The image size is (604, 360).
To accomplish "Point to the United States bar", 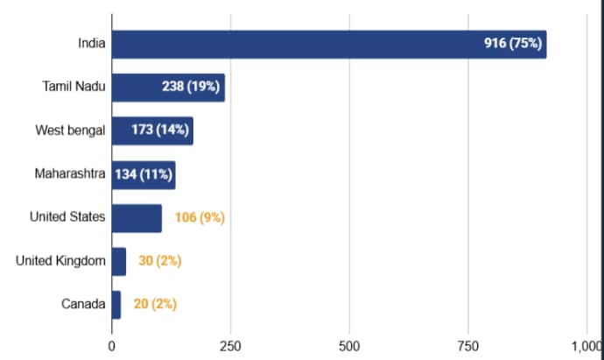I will pos(137,217).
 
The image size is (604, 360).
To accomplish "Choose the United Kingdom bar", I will pos(119,261).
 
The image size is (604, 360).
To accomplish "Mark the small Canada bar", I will pos(116,304).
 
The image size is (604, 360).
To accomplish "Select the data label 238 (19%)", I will pos(193,88).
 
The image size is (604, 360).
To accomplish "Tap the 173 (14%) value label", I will pos(161,131).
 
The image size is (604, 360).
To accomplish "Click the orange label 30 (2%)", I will pos(160,261).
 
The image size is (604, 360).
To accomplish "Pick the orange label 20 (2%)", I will pos(155,304).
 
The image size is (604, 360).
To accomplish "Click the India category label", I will pos(91,44).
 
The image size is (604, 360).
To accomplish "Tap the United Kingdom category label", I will pos(61,261).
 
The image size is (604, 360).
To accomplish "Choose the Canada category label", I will pos(84,304).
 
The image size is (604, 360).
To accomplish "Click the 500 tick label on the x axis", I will pos(349,345).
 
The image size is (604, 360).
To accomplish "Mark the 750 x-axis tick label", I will pos(468,345).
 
